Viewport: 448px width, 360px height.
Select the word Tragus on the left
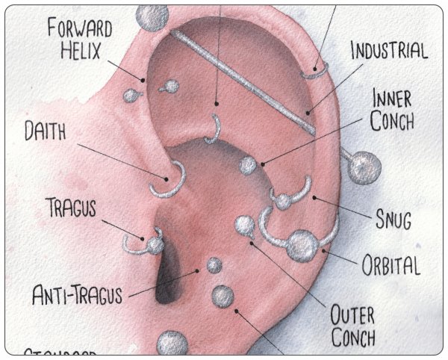click(x=70, y=208)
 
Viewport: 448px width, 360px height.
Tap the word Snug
click(x=393, y=220)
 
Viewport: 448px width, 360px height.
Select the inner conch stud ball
click(x=248, y=166)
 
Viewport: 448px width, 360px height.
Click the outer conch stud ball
click(x=244, y=225)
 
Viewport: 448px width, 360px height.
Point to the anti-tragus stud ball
click(x=214, y=264)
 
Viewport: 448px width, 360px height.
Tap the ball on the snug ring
click(x=282, y=200)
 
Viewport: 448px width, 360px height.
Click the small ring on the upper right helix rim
click(x=316, y=72)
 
